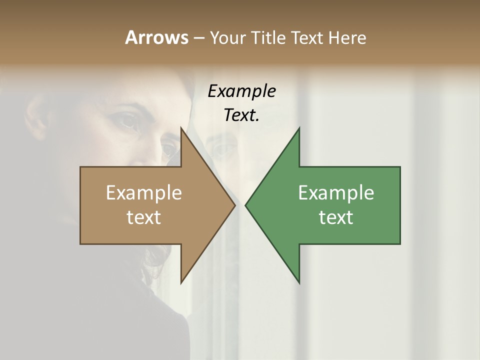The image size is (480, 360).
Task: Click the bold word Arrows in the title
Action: (x=156, y=37)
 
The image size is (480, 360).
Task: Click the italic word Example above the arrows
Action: (x=242, y=91)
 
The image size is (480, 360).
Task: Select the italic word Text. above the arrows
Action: (x=242, y=115)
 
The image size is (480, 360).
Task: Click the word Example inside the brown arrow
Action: (x=144, y=193)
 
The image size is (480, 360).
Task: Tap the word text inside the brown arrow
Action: (x=144, y=217)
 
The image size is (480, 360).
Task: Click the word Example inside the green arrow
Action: (x=336, y=193)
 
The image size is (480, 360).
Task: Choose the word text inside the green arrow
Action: (x=336, y=217)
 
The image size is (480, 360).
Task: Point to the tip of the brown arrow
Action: (x=235, y=205)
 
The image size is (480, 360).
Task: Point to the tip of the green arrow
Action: (x=245, y=205)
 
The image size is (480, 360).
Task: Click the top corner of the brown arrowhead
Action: (x=181, y=128)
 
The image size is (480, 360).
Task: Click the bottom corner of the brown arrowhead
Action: (x=181, y=283)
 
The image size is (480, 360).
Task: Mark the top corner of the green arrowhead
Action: (x=299, y=128)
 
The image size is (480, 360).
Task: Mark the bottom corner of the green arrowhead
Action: (x=299, y=283)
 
